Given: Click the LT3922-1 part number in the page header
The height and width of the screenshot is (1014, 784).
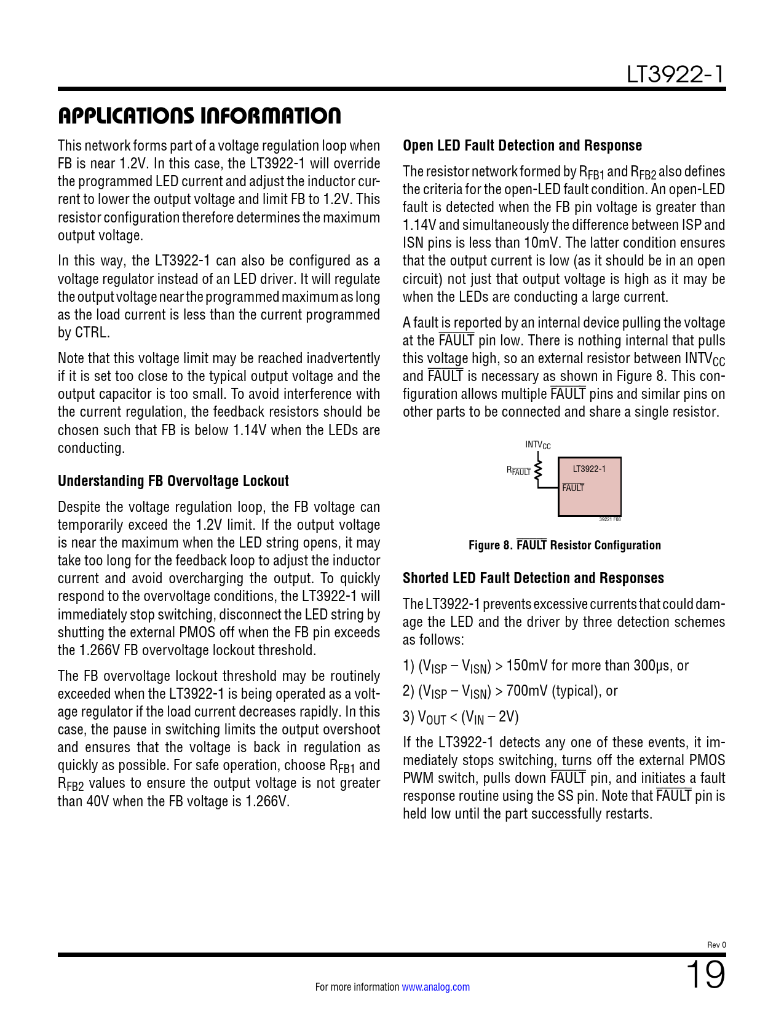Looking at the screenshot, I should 675,74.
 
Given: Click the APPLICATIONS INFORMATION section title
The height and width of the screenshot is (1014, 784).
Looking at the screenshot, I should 199,116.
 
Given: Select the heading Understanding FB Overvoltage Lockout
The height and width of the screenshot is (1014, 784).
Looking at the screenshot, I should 173,481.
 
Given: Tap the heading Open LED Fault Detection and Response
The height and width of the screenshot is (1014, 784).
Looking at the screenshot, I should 522,146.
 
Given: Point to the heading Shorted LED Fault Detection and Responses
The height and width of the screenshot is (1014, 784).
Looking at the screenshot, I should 533,578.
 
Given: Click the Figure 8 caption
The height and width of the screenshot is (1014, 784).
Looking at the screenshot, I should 564,545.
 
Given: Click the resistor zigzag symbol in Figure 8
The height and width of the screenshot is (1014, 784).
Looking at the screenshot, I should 539,470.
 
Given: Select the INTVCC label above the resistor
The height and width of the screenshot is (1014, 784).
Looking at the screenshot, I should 537,445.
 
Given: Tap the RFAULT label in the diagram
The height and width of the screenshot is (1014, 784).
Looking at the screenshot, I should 518,471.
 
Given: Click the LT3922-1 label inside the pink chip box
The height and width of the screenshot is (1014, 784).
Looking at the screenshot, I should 588,469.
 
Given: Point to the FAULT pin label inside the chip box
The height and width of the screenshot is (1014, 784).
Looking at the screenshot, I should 573,488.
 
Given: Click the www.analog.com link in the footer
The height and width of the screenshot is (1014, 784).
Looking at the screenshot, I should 435,987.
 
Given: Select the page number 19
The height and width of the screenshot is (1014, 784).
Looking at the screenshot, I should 705,975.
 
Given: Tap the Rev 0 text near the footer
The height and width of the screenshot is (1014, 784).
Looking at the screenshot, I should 716,945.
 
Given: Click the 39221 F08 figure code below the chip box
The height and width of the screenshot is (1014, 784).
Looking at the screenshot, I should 609,519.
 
